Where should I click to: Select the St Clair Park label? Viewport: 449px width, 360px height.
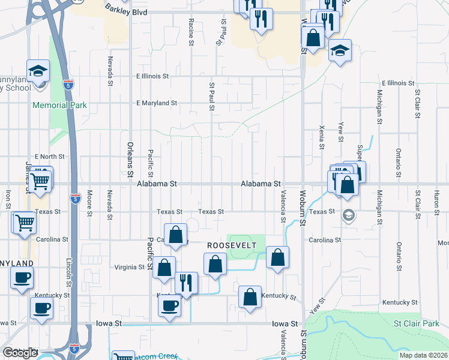point(417,324)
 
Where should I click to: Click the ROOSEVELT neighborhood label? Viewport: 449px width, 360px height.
point(232,246)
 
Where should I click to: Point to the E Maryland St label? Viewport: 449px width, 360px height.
point(157,103)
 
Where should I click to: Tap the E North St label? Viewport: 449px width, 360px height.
point(49,157)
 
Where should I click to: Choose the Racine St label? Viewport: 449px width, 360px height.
point(191,31)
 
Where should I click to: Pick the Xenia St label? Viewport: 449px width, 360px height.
point(322,137)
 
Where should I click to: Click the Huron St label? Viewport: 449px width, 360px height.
point(437,198)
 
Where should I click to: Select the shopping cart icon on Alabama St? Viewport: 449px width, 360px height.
point(41,178)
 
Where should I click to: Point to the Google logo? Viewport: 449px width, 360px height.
point(20,353)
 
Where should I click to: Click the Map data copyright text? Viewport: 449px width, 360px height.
point(424,355)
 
